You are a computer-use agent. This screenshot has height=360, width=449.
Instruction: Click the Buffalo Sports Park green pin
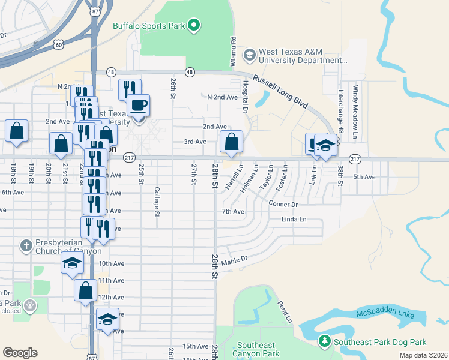pos(193,25)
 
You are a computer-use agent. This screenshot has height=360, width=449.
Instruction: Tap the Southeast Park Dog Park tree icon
pos(325,341)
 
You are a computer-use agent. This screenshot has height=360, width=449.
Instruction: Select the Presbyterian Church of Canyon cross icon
pos(26,245)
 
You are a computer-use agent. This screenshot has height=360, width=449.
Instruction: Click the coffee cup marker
pos(138,106)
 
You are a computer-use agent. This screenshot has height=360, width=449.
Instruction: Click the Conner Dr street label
pos(283,204)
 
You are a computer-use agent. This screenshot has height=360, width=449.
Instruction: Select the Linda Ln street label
pos(294,220)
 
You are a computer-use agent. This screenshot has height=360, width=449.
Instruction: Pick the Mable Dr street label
pos(234,261)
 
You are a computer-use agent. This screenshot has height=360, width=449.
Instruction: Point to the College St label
pos(157,201)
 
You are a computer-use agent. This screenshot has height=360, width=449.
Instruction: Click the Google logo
pos(20,352)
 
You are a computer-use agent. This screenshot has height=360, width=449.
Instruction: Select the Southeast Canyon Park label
pos(256,349)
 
